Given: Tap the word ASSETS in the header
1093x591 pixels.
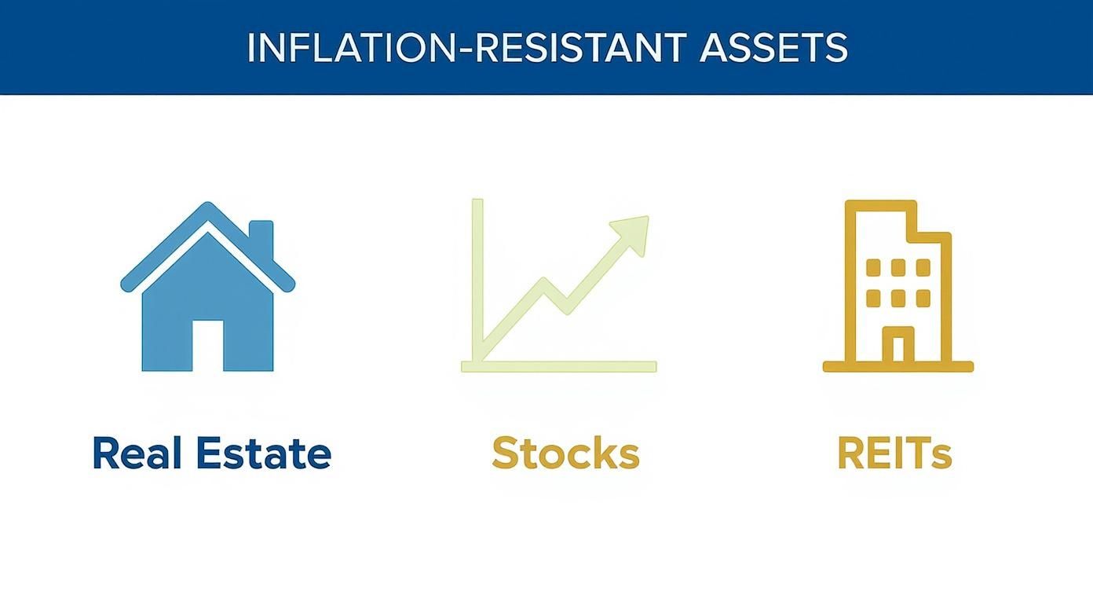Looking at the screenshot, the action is coord(774,48).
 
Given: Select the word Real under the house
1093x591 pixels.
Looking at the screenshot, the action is coord(137,453).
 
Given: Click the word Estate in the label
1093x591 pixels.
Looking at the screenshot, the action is coord(264,453).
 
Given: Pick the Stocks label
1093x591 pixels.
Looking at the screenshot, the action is coord(565,453).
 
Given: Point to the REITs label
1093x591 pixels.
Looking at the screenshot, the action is coord(895,453).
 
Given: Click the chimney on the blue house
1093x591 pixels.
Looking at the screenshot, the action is coord(261,240).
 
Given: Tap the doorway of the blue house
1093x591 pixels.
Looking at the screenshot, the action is coord(208,345).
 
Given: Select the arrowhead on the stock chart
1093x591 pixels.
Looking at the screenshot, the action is coord(633,233).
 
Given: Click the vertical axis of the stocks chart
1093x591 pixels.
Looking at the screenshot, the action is coord(477,281).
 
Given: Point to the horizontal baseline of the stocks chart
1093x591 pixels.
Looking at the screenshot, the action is coord(559,366).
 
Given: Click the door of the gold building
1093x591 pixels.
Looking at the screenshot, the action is coord(898,344).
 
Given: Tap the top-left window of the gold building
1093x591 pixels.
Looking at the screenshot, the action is coord(873,268).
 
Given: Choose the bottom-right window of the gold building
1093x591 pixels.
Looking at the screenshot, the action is coord(923,299).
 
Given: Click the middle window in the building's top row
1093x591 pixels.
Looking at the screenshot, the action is coord(898,268).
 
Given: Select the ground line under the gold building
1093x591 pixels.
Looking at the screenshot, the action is coord(898,366).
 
